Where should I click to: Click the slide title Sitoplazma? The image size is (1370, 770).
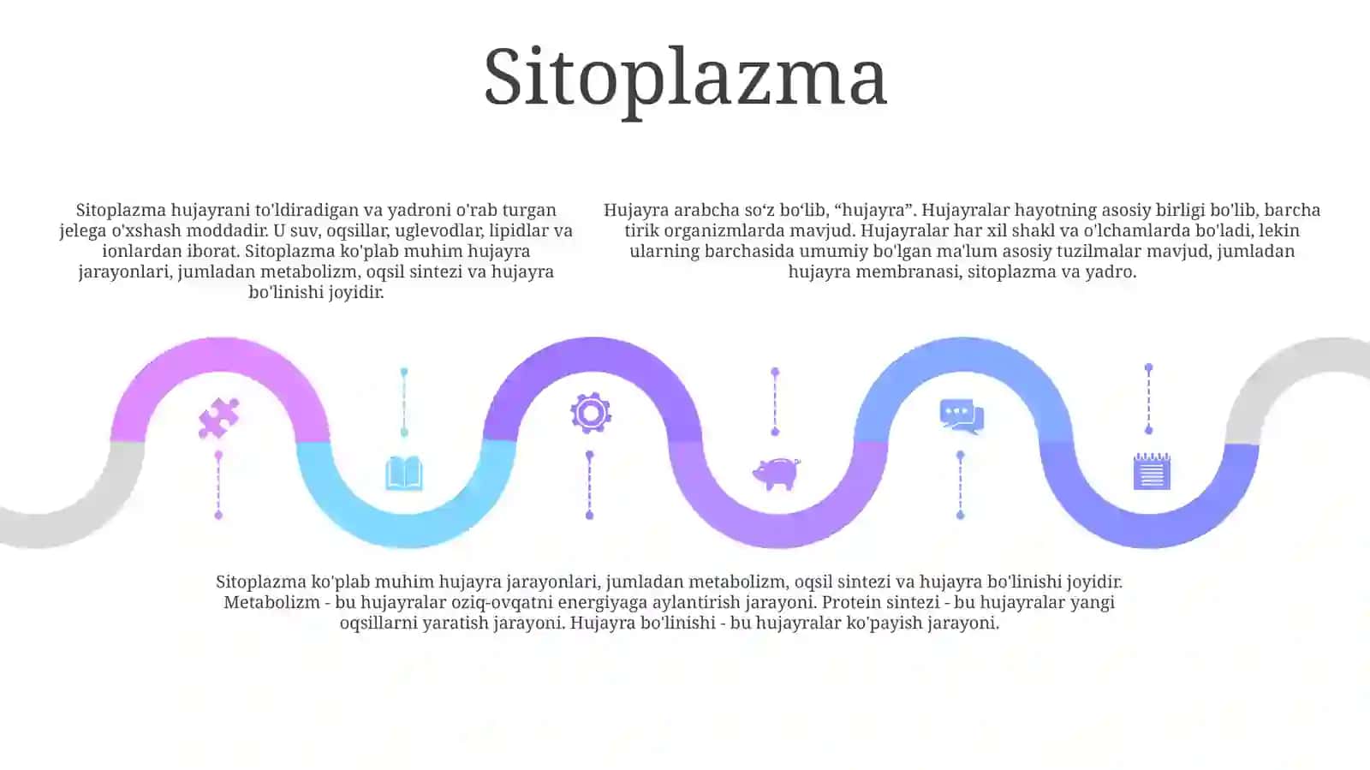pyautogui.click(x=685, y=80)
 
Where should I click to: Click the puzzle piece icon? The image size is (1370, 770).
pyautogui.click(x=219, y=418)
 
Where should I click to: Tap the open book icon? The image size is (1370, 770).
pyautogui.click(x=404, y=473)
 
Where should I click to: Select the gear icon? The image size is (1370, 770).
pyautogui.click(x=591, y=414)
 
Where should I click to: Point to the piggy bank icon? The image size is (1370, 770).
pyautogui.click(x=776, y=474)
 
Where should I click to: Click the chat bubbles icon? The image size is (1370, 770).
pyautogui.click(x=962, y=416)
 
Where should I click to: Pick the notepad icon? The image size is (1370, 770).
pyautogui.click(x=1152, y=471)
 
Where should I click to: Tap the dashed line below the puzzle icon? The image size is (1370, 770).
pyautogui.click(x=218, y=486)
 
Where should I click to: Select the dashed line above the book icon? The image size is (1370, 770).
pyautogui.click(x=403, y=402)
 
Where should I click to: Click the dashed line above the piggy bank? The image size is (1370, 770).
pyautogui.click(x=775, y=402)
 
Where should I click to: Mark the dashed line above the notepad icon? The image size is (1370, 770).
pyautogui.click(x=1148, y=399)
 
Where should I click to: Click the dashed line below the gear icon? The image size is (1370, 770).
pyautogui.click(x=590, y=486)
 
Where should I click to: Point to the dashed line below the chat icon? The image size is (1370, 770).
pyautogui.click(x=960, y=486)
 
